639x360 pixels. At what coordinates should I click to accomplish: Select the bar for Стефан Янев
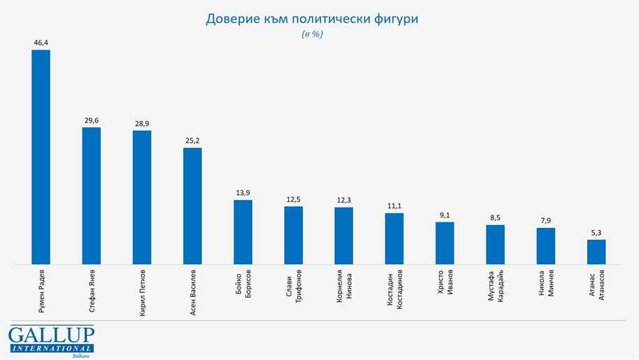click(92, 196)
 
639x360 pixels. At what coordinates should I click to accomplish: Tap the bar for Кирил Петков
click(142, 198)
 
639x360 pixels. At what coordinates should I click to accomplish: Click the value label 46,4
click(41, 43)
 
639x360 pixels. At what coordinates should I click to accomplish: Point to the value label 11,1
click(394, 206)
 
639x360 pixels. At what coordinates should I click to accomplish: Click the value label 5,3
click(596, 233)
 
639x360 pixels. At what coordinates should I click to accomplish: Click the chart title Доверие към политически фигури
click(312, 19)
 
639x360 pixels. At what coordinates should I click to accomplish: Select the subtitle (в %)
click(312, 34)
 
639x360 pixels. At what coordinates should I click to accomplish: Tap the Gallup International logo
click(51, 341)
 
